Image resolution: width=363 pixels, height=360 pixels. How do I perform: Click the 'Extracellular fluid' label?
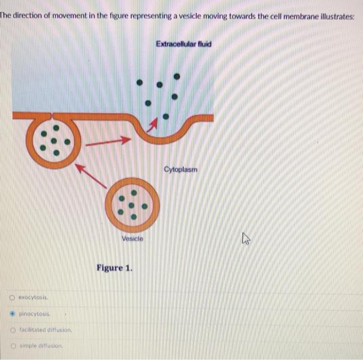(x=184, y=44)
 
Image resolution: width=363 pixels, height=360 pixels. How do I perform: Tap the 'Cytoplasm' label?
(x=180, y=169)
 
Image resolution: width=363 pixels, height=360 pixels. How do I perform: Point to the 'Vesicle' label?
(x=132, y=238)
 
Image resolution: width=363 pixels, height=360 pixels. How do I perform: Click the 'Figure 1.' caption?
(x=115, y=268)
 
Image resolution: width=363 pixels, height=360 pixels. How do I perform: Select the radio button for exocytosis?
(x=12, y=297)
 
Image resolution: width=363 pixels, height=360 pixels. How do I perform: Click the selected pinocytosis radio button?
(x=12, y=314)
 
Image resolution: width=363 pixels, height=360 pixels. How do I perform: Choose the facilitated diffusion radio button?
(x=13, y=330)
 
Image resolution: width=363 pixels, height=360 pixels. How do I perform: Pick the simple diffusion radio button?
(x=13, y=346)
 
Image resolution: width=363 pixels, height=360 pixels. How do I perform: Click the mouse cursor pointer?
(x=246, y=238)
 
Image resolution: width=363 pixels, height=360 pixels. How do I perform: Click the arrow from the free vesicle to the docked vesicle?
(x=91, y=176)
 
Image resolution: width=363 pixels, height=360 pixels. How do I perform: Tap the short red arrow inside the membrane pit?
(x=152, y=125)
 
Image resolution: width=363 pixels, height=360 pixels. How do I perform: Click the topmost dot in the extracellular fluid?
(x=177, y=76)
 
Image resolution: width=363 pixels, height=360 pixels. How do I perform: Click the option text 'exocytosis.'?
(x=33, y=297)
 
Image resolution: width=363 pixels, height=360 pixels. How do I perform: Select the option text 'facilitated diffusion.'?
(x=46, y=330)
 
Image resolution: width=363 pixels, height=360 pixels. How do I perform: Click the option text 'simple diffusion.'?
(x=41, y=346)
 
